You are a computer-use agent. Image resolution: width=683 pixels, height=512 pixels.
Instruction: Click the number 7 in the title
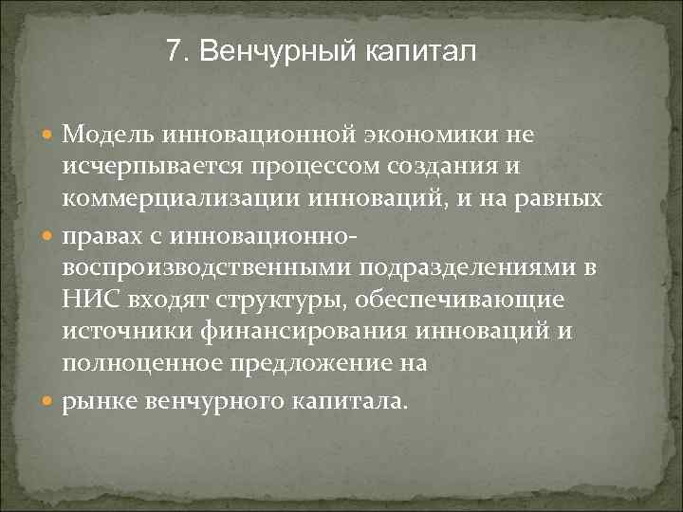click(172, 50)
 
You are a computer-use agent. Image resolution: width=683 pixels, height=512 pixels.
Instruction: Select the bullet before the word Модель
click(48, 136)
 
